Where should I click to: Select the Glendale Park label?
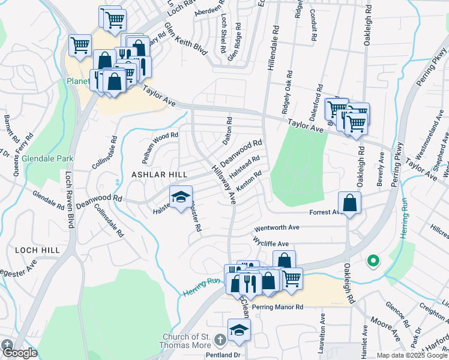[47, 158]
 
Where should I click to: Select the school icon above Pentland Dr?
[239, 331]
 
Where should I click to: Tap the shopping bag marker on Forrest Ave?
[349, 204]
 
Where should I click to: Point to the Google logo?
[19, 353]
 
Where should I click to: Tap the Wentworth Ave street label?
[277, 228]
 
